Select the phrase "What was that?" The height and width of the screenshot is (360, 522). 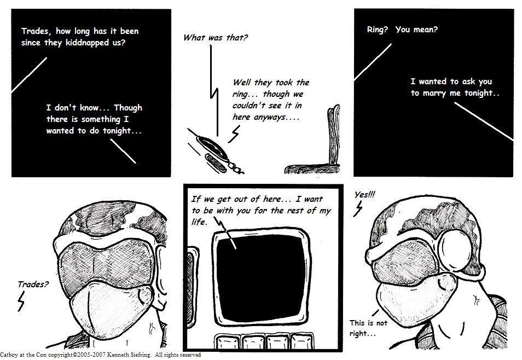(216, 37)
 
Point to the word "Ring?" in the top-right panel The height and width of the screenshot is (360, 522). (378, 30)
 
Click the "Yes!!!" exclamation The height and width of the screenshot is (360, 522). (365, 194)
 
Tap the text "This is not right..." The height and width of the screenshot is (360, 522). (368, 328)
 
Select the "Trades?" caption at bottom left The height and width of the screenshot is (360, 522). (33, 284)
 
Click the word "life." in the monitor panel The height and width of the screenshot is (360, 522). (199, 222)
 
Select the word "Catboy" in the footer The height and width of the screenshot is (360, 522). (7, 355)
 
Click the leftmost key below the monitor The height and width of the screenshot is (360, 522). (228, 342)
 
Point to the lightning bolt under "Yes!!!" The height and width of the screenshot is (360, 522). (358, 208)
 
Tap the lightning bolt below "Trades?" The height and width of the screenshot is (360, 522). (21, 301)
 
